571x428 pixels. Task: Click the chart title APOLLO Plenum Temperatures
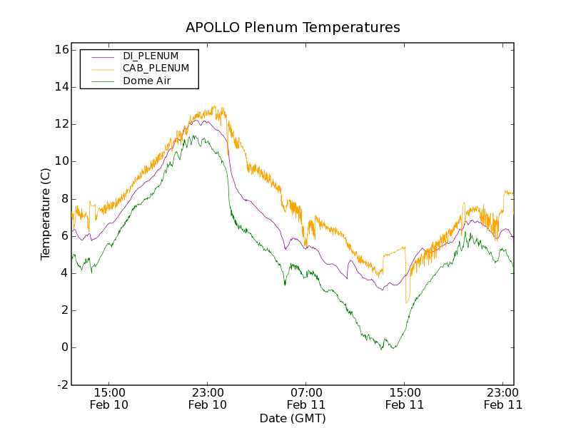293,28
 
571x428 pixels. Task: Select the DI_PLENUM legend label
151,56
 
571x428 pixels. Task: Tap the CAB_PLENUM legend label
156,68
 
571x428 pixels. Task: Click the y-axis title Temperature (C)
46,214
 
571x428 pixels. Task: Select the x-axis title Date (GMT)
293,418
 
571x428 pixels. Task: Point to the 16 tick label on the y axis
60,50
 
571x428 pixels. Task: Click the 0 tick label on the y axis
64,347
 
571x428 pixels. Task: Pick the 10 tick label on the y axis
60,161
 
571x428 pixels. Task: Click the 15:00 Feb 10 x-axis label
110,398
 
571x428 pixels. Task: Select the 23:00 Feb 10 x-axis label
208,398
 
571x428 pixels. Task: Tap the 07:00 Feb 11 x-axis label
306,398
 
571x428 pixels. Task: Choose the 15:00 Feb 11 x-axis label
404,398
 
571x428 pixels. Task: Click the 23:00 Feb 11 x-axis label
502,398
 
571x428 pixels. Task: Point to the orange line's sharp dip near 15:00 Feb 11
407,302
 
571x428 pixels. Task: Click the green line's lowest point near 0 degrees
382,350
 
